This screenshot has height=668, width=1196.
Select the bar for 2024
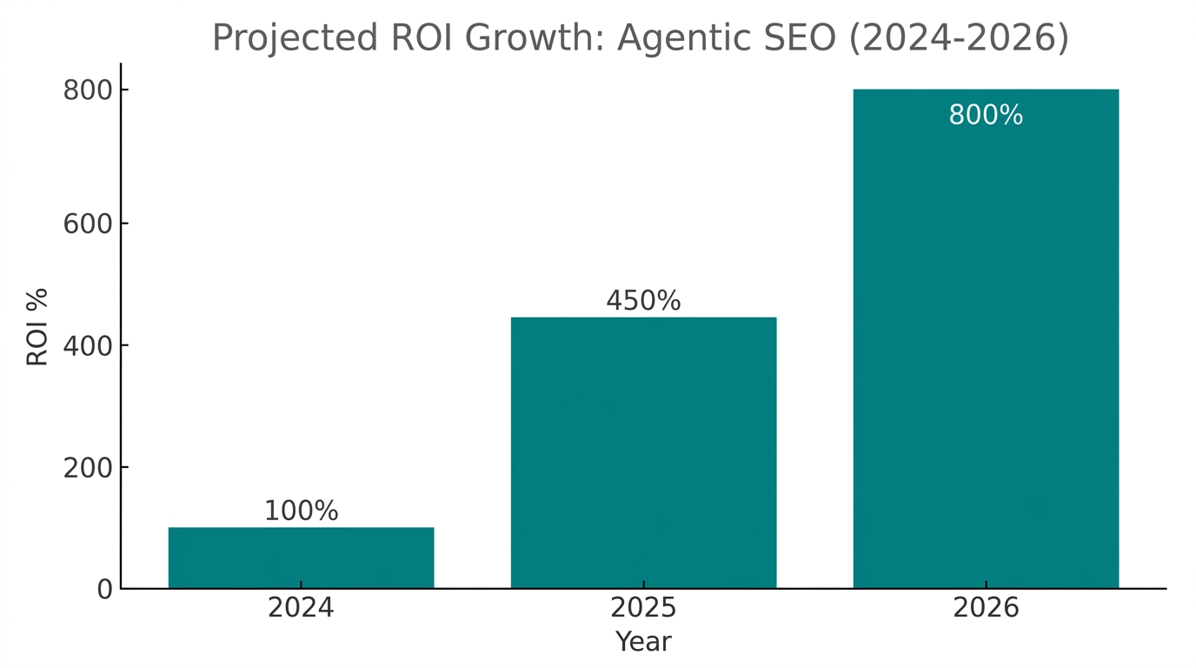pyautogui.click(x=301, y=558)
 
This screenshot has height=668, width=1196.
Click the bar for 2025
pyautogui.click(x=643, y=452)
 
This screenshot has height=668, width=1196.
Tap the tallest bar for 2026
pyautogui.click(x=986, y=348)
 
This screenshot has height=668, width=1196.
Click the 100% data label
pyautogui.click(x=301, y=511)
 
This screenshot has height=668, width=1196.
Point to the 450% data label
pyautogui.click(x=643, y=301)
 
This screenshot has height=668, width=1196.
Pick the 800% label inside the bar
pyautogui.click(x=986, y=116)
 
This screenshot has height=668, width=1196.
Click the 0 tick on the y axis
pyautogui.click(x=104, y=590)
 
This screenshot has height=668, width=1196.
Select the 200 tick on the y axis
pyautogui.click(x=88, y=468)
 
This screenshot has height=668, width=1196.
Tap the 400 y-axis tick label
pyautogui.click(x=88, y=346)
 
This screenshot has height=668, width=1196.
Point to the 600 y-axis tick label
pyautogui.click(x=88, y=224)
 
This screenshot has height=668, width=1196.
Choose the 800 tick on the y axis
pyautogui.click(x=88, y=90)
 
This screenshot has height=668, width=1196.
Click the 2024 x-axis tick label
pyautogui.click(x=301, y=608)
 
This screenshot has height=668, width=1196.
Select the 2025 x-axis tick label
pyautogui.click(x=643, y=608)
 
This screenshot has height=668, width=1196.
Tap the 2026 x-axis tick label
pyautogui.click(x=986, y=608)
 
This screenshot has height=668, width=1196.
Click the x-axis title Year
pyautogui.click(x=643, y=642)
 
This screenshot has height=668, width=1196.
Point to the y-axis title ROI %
pyautogui.click(x=37, y=327)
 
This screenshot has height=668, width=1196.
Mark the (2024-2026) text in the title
pyautogui.click(x=959, y=38)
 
